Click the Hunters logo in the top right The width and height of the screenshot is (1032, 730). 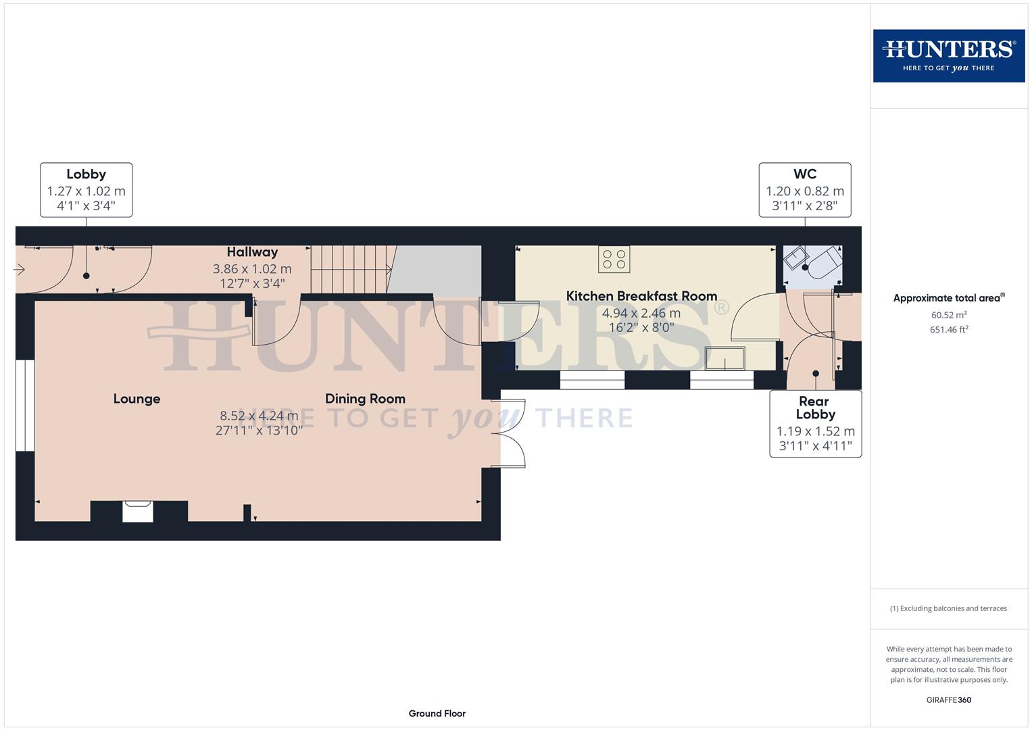tap(948, 55)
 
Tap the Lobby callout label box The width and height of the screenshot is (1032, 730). tap(86, 190)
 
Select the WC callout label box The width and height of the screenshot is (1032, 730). tap(804, 190)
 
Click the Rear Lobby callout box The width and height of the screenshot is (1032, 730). tap(815, 424)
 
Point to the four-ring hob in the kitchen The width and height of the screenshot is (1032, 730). tap(614, 260)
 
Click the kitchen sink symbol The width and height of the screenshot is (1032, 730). tap(724, 358)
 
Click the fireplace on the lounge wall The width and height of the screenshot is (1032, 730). tap(138, 511)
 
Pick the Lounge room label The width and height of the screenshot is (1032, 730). tap(137, 399)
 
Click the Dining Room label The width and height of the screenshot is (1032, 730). tap(365, 399)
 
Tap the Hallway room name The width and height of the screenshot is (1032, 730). tap(252, 252)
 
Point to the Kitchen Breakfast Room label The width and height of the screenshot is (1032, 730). tap(641, 296)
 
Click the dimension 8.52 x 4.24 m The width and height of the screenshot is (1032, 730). tap(259, 416)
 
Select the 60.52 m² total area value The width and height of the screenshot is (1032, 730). tap(948, 315)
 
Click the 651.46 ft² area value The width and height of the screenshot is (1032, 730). tap(948, 330)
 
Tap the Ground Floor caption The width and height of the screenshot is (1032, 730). tap(437, 713)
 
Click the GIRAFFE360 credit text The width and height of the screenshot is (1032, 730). tap(948, 700)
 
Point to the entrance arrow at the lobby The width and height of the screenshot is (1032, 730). tap(19, 270)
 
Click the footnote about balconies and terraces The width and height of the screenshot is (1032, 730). tap(948, 608)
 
